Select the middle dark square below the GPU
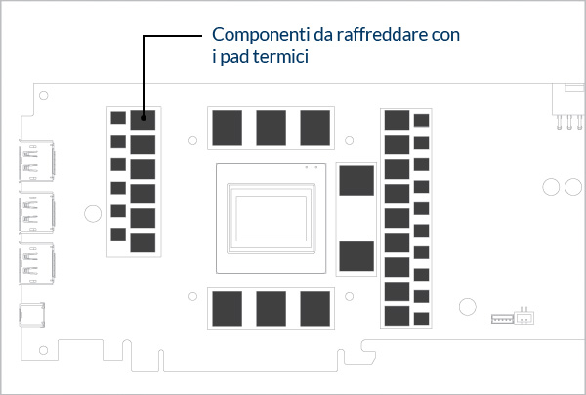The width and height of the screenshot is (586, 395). [x=272, y=307]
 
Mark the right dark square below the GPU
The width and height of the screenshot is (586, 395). [x=314, y=307]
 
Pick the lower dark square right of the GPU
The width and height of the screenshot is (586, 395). [x=356, y=256]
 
